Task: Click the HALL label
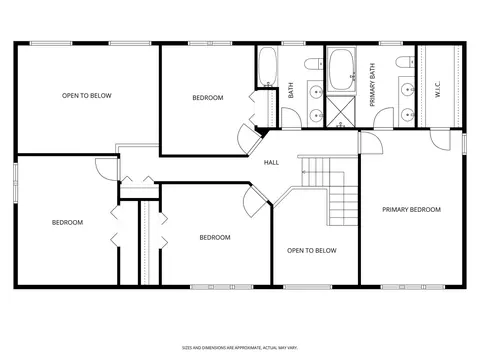[x=271, y=162]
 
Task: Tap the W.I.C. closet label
[x=438, y=89]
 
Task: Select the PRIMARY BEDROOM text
[x=411, y=209]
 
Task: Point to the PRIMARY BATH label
[x=372, y=85]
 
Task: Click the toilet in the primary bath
[x=405, y=62]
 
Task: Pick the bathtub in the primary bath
[x=341, y=69]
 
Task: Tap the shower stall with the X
[x=340, y=111]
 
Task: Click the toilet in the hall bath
[x=314, y=64]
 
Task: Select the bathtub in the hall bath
[x=267, y=66]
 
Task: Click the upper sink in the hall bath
[x=315, y=91]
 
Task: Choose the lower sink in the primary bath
[x=407, y=115]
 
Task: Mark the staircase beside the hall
[x=329, y=191]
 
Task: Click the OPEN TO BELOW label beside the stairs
[x=312, y=250]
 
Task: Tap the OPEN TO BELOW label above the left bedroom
[x=87, y=96]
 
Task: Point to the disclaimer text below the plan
[x=240, y=348]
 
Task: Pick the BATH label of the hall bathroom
[x=291, y=90]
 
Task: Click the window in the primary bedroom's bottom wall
[x=413, y=287]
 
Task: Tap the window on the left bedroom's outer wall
[x=16, y=182]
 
